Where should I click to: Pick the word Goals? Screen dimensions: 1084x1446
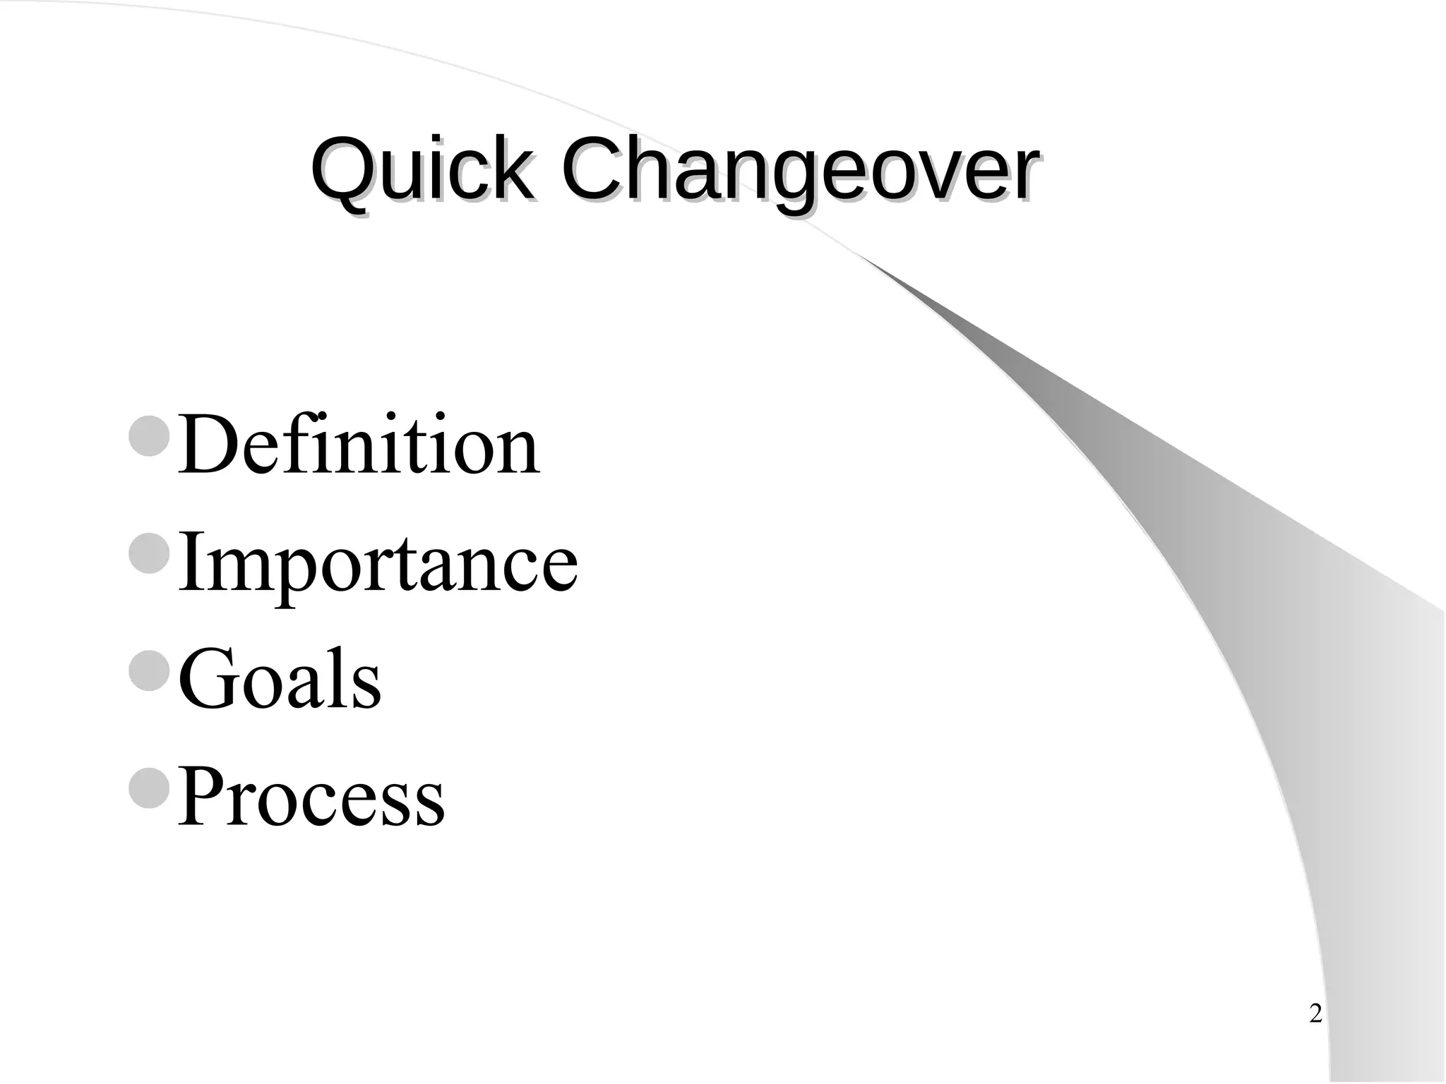pos(280,679)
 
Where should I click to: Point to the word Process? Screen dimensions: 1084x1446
pos(311,796)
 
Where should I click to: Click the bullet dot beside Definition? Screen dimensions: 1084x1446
pos(150,436)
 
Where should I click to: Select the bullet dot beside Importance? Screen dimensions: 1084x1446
pos(150,553)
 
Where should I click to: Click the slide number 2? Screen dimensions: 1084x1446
pos(1315,1014)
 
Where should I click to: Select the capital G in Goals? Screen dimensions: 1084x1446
pos(209,679)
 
